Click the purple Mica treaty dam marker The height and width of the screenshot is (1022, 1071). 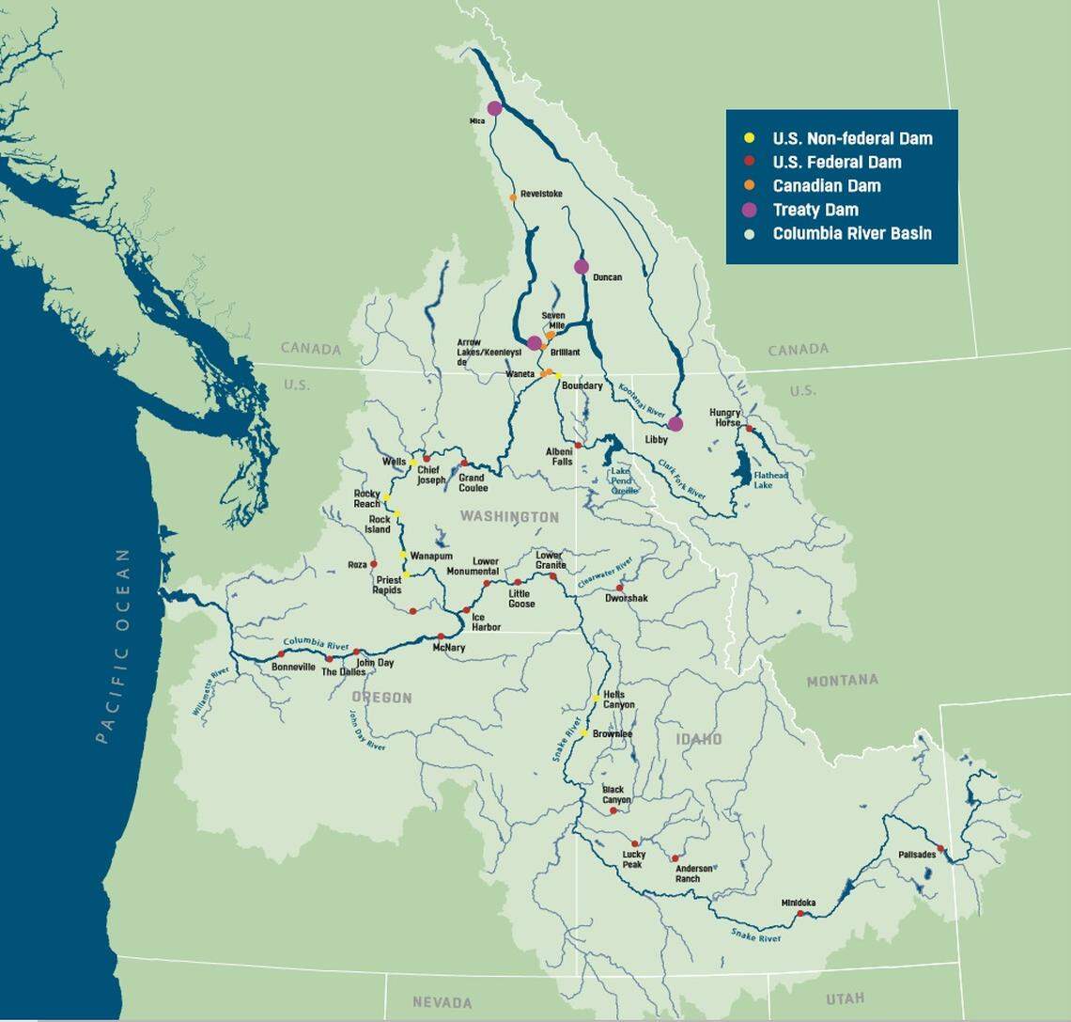coord(494,108)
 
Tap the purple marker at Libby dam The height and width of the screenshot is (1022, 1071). coord(675,424)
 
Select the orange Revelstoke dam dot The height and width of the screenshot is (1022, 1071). coord(513,197)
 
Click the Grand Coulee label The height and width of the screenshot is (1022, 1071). coord(473,483)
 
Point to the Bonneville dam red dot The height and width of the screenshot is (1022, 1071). coord(281,653)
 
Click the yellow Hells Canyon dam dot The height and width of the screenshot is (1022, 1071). coord(597,698)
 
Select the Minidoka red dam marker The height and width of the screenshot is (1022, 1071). coord(800,913)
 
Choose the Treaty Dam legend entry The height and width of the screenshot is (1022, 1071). coord(815,210)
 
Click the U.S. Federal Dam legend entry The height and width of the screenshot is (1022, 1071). coord(836,162)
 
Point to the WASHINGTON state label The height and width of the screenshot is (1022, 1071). coord(508,517)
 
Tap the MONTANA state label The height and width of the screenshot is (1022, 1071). coord(842,680)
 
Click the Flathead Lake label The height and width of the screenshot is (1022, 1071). coord(771,481)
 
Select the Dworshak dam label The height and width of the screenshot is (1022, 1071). coord(627,598)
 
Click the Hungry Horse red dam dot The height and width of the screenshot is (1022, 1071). coord(749,428)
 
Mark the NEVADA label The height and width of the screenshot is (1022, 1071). coord(442,1003)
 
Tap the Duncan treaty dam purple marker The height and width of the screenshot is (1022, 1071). coord(582,267)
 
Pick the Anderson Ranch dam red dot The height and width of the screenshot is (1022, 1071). coord(675,858)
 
